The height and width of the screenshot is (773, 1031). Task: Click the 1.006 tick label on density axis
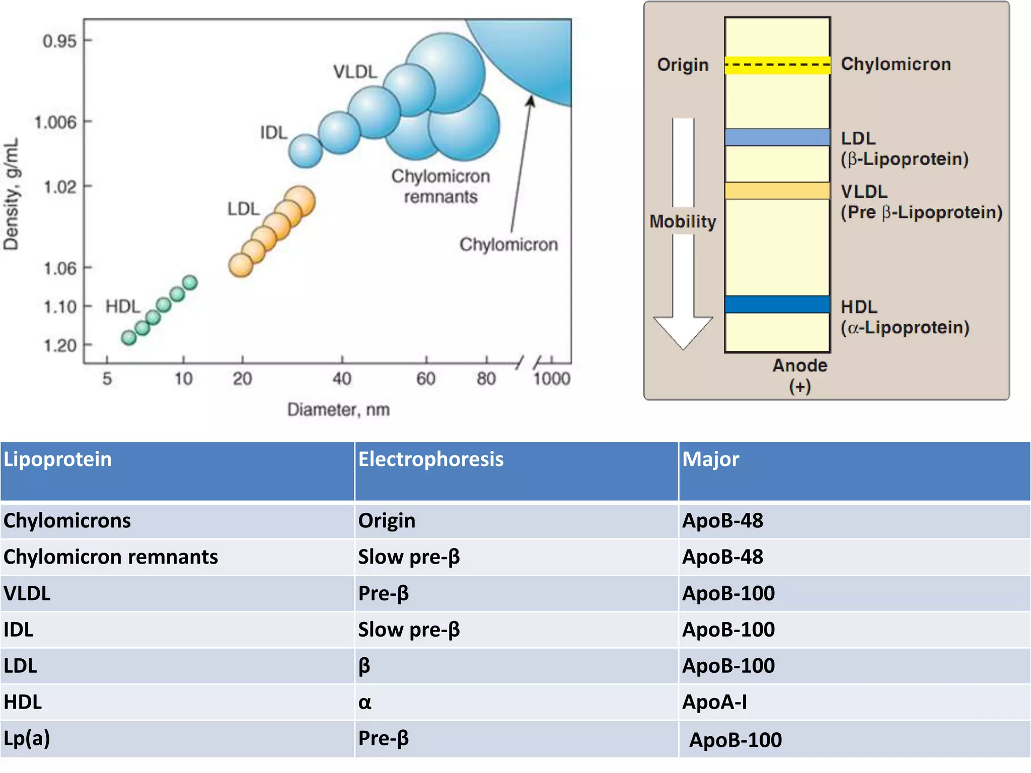point(55,122)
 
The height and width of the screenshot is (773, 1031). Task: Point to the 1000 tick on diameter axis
point(552,378)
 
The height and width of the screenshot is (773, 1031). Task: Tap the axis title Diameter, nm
point(338,410)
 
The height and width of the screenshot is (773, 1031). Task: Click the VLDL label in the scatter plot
point(355,72)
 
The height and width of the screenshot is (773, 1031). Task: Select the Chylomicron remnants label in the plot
point(440,186)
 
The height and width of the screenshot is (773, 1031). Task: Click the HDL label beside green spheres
point(122,306)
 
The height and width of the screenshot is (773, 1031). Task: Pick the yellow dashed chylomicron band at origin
point(777,65)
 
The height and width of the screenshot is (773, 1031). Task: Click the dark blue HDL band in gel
point(777,304)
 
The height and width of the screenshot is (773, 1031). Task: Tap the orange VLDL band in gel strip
point(777,191)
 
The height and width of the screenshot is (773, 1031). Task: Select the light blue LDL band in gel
point(777,137)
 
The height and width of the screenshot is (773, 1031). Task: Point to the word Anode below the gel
point(800,365)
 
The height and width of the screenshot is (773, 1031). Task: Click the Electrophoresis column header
point(430,459)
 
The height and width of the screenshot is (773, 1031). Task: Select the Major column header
point(710,459)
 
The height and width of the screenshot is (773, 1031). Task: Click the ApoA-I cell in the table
point(714,702)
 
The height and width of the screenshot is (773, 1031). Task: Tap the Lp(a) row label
point(27,738)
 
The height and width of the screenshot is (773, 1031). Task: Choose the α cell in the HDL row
point(365,703)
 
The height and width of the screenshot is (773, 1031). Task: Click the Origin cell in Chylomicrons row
point(387,520)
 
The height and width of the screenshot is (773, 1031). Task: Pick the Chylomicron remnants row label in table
point(111,557)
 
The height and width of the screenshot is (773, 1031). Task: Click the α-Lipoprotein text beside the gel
point(905,328)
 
